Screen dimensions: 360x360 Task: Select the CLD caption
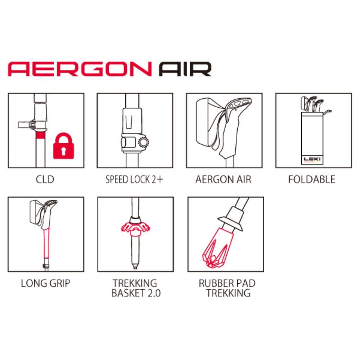click(45, 179)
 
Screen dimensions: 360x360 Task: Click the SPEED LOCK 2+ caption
click(134, 179)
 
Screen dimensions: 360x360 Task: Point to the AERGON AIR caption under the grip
click(224, 179)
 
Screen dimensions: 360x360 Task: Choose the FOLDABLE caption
click(312, 179)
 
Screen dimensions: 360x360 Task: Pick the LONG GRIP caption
click(45, 283)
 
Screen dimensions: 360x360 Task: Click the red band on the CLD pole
click(41, 135)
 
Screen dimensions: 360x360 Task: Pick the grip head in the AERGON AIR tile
click(238, 104)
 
